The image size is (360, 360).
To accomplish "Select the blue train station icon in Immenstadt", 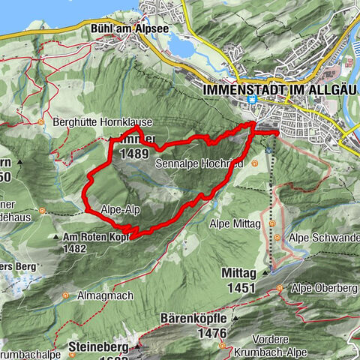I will (x=254, y=100).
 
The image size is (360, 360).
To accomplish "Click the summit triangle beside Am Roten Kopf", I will (x=57, y=237).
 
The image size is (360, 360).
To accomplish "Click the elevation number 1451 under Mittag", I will (x=241, y=286).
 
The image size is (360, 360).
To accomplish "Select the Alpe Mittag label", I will (x=235, y=223).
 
